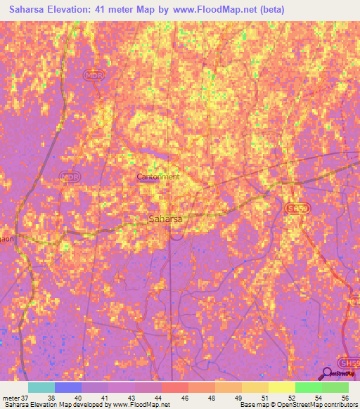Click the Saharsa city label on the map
(x=166, y=219)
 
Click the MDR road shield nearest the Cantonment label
(x=69, y=176)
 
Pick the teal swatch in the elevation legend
(x=41, y=387)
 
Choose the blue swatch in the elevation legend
(x=67, y=387)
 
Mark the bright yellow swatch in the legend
(x=281, y=387)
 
